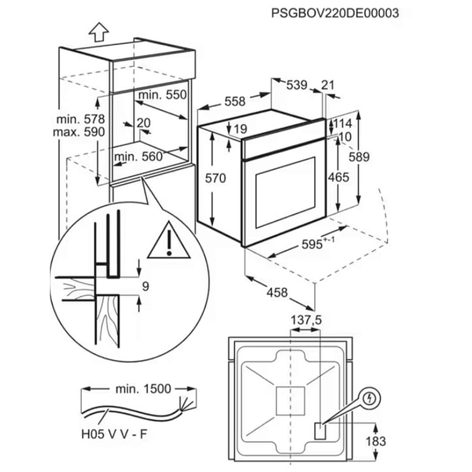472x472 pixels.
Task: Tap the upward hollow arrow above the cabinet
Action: click(99, 30)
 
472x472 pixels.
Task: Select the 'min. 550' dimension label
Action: click(163, 94)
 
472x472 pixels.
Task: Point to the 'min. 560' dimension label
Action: click(138, 157)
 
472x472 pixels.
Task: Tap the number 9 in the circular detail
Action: click(145, 286)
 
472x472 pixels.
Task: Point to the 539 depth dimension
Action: click(296, 85)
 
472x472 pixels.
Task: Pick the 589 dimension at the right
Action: click(375, 157)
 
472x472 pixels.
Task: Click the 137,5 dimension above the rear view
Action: click(305, 321)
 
